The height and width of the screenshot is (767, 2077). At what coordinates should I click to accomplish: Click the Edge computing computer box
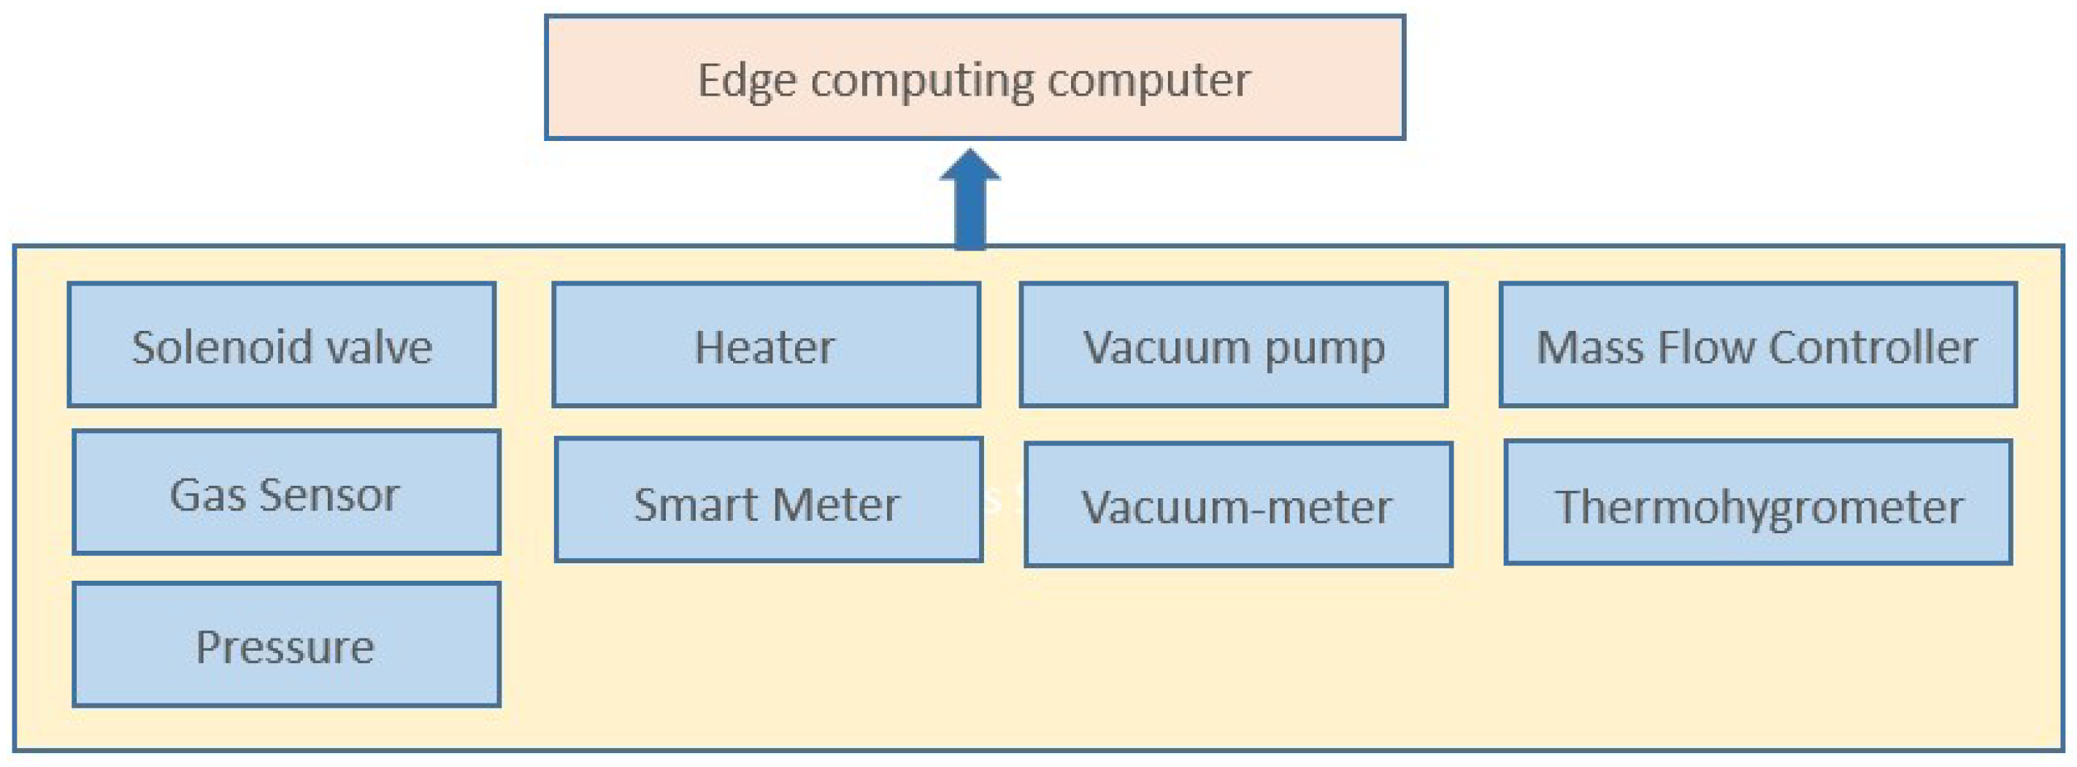point(974,77)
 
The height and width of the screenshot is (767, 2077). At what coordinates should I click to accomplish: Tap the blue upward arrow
point(970,202)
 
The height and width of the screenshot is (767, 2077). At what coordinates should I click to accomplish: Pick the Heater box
point(766,344)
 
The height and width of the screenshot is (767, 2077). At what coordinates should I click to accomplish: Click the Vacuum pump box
point(1233,344)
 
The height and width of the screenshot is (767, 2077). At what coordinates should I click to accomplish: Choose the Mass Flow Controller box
point(1758,344)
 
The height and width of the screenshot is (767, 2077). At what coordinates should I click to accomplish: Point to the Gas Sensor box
point(286,492)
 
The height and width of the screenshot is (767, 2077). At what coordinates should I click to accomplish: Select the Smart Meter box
point(769,500)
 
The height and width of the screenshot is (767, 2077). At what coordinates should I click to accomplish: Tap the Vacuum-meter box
point(1237,504)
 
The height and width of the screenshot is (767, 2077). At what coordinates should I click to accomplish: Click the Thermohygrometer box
point(1758,503)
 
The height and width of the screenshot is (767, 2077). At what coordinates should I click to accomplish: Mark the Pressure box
point(286,645)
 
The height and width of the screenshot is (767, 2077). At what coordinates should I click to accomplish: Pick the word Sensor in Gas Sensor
point(329,495)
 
